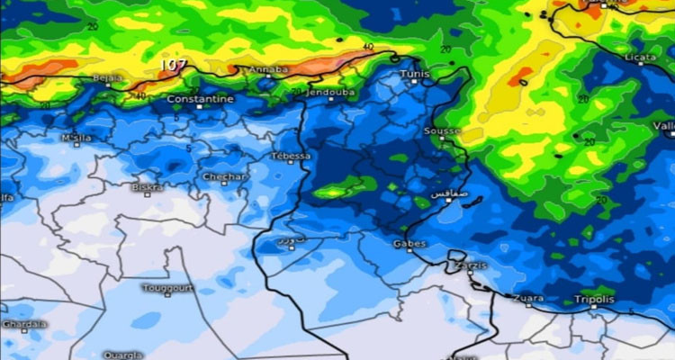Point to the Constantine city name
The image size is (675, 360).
coord(200,99)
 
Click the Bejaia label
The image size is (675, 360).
coord(107,78)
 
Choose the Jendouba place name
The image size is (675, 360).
coord(328,92)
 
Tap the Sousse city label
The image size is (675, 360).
coord(441,131)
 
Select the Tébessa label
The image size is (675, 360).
coord(290,156)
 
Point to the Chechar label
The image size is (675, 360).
coord(226,176)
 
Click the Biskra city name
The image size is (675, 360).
coord(147,188)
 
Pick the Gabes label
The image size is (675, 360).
coord(409,243)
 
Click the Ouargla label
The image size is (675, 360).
coord(121,355)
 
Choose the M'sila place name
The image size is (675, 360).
coord(76,139)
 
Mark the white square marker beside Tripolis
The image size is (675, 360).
coord(594,307)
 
